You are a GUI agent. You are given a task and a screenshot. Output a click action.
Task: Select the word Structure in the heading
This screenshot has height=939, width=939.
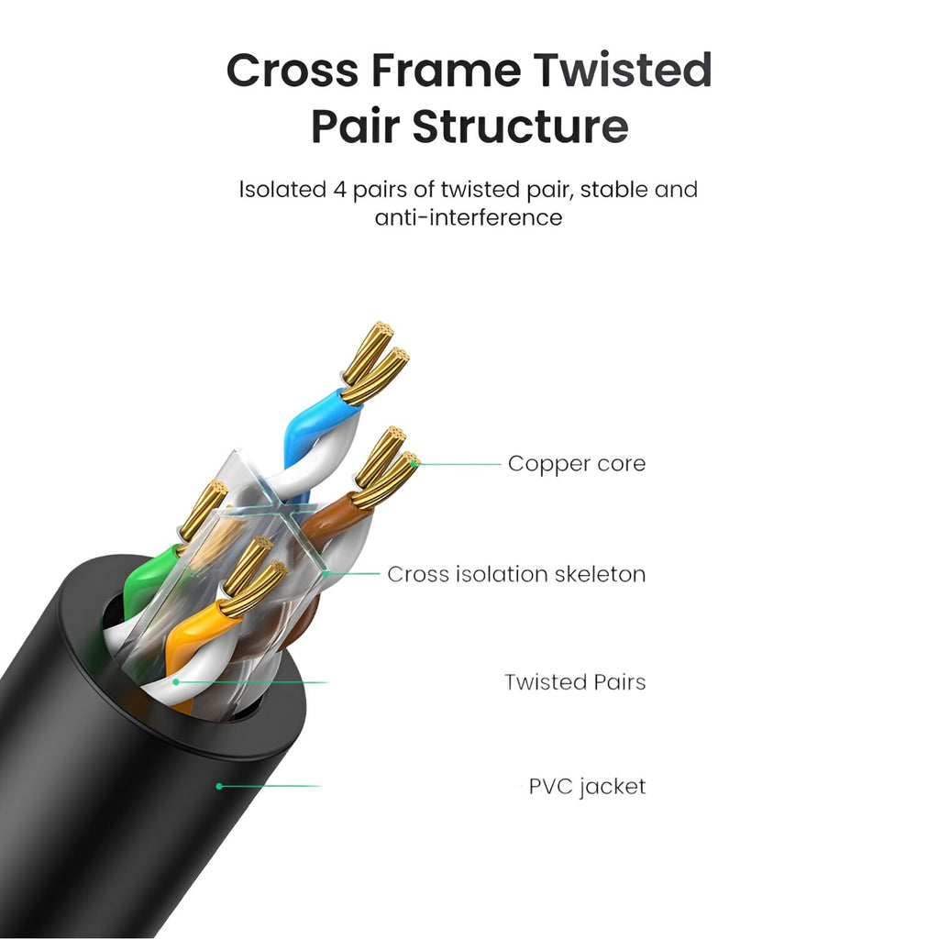pyautogui.click(x=520, y=127)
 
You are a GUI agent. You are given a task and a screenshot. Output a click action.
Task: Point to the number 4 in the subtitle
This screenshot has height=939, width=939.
pyautogui.click(x=340, y=190)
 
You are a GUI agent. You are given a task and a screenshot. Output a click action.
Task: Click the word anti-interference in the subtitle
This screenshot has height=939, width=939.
pyautogui.click(x=468, y=218)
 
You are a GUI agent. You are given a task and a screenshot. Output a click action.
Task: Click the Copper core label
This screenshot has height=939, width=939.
pyautogui.click(x=576, y=464)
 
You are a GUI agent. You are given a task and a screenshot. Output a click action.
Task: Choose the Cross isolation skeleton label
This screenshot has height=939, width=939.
pyautogui.click(x=515, y=574)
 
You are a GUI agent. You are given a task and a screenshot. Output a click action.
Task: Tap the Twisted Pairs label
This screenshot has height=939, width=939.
pyautogui.click(x=575, y=682)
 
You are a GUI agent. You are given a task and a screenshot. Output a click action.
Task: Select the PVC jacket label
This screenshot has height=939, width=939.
pyautogui.click(x=587, y=787)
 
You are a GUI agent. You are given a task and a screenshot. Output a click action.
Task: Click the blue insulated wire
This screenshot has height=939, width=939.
pyautogui.click(x=307, y=431)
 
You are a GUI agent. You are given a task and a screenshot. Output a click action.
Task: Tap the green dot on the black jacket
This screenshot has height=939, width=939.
pyautogui.click(x=219, y=786)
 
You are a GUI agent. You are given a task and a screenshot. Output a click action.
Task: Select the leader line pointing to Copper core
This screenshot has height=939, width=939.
pyautogui.click(x=458, y=464)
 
